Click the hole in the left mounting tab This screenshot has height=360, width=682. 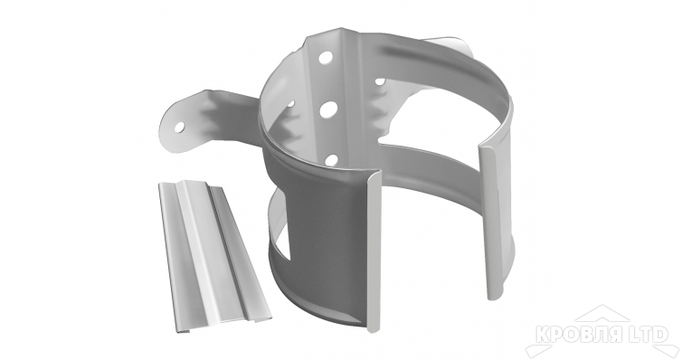pos(179,127)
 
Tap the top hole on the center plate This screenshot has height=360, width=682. pos(326,56)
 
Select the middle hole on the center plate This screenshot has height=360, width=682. pos(329,110)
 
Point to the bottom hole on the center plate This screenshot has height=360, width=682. pos(331,159)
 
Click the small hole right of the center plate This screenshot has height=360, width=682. pos(380,81)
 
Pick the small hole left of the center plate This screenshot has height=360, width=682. pos(290,104)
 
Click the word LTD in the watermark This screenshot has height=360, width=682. pos(646,335)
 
